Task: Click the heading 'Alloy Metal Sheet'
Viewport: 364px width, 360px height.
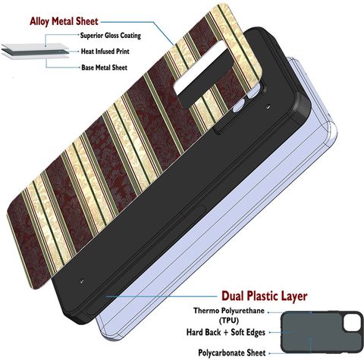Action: click(x=64, y=21)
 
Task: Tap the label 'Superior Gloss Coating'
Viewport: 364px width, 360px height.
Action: click(x=111, y=36)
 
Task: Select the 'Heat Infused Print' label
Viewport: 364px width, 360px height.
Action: click(x=105, y=52)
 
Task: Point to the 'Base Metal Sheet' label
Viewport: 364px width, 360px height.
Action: click(x=104, y=67)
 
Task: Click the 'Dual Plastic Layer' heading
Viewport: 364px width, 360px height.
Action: click(x=265, y=296)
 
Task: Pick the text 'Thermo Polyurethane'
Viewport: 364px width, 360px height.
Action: click(x=229, y=311)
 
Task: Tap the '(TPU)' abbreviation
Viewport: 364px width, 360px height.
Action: click(x=229, y=321)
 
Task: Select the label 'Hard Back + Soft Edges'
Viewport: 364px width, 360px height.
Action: click(x=226, y=332)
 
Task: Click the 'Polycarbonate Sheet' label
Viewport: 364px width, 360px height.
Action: click(x=232, y=352)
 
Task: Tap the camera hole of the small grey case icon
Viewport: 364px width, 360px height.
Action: click(x=350, y=324)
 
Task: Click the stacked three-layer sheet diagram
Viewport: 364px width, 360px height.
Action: click(x=36, y=52)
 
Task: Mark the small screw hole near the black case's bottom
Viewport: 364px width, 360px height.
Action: click(x=81, y=280)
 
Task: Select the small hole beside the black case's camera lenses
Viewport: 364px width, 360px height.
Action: click(x=268, y=107)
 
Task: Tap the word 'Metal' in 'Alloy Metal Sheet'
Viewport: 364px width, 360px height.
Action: click(x=63, y=21)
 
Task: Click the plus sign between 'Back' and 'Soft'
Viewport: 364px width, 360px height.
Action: click(x=226, y=333)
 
